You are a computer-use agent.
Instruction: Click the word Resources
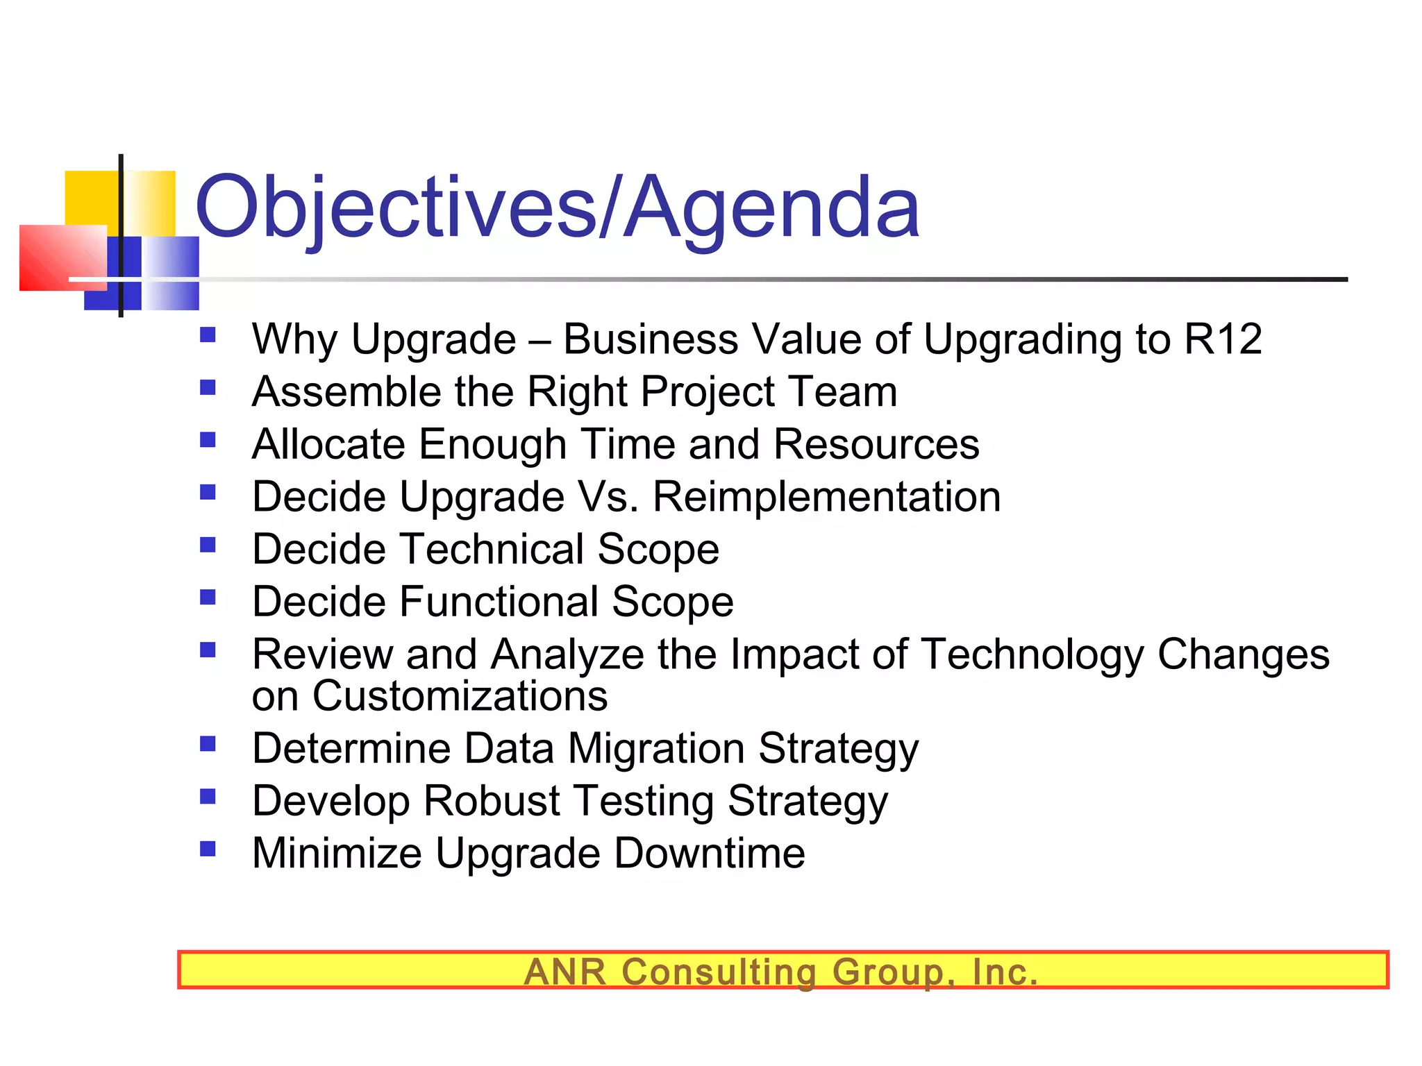876,445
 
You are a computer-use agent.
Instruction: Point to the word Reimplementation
827,498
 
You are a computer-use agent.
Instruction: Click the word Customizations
460,696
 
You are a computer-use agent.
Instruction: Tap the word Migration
656,749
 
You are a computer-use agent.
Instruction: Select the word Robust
492,801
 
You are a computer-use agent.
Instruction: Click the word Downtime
709,854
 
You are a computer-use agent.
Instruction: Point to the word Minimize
337,854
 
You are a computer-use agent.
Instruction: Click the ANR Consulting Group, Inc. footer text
781,972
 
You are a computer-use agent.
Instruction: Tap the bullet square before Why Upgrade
208,336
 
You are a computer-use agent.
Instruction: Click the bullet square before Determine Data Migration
208,745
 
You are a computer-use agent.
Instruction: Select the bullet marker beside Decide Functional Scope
208,598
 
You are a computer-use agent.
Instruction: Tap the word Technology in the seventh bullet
1032,654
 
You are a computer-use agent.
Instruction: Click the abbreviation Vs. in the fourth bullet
608,498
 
